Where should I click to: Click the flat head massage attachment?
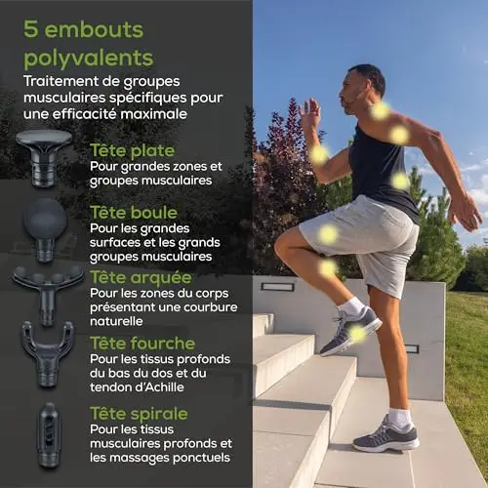click(44, 158)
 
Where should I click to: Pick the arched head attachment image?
click(48, 293)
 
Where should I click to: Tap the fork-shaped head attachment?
click(48, 353)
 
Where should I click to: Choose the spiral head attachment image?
click(49, 434)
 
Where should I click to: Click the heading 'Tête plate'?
click(132, 150)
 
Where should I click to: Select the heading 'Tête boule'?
click(134, 213)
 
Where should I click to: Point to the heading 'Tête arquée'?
click(141, 278)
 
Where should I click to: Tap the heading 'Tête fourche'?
click(142, 344)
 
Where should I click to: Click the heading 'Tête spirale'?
click(139, 414)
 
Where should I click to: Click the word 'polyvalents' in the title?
click(89, 58)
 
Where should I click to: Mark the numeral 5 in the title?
click(31, 29)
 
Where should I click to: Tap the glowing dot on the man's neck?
click(381, 110)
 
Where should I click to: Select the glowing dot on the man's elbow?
click(319, 154)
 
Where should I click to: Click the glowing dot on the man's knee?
click(328, 268)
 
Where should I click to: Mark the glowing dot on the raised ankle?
click(357, 334)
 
